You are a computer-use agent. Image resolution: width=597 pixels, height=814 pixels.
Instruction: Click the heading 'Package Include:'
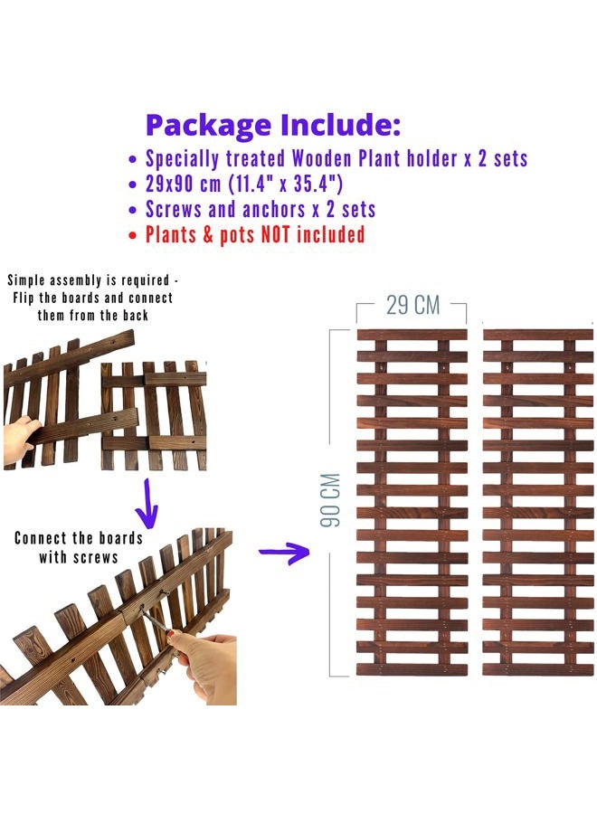(273, 126)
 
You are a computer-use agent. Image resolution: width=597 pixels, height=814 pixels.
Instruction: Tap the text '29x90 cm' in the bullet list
(184, 184)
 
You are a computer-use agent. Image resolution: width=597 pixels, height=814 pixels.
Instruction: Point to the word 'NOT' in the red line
(275, 234)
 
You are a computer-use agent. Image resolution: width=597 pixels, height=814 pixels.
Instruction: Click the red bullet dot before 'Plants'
(133, 236)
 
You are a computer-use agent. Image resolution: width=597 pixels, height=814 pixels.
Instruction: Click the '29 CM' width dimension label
(412, 306)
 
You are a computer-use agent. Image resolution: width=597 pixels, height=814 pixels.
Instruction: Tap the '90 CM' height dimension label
(330, 500)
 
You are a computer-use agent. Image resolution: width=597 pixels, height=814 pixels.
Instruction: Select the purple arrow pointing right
(284, 552)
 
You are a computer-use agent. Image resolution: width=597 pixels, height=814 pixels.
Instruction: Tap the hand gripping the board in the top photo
(21, 440)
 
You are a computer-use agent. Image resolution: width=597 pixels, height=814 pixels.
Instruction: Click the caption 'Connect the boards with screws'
(79, 548)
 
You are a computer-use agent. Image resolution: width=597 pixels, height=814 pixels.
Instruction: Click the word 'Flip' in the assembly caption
(24, 298)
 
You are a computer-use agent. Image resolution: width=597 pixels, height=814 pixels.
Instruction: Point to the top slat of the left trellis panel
(412, 335)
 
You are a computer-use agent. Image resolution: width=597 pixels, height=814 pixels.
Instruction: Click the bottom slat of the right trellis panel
(538, 669)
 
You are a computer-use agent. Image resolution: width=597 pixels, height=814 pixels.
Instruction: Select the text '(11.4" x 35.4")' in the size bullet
(286, 184)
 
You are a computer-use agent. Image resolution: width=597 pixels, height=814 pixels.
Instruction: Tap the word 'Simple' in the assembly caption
(25, 281)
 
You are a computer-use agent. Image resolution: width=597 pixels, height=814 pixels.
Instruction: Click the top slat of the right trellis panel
(538, 335)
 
